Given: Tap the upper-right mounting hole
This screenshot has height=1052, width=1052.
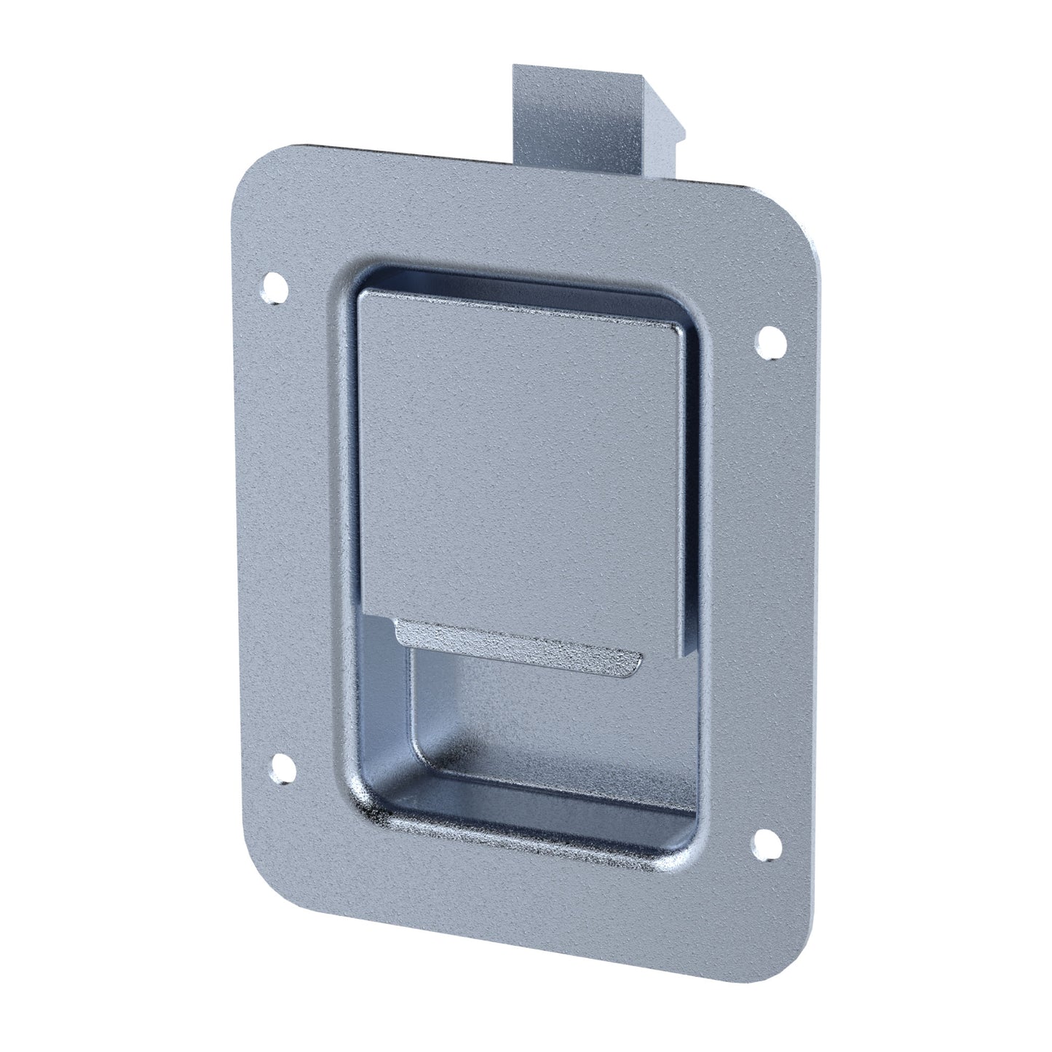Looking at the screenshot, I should pos(769,342).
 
